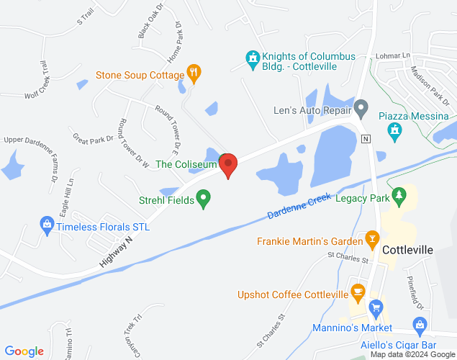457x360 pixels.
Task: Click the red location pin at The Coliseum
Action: coord(228,165)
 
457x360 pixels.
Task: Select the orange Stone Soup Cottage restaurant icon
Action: coord(193,72)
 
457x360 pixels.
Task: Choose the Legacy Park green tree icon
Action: coord(402,195)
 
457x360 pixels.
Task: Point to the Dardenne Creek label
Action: coord(299,207)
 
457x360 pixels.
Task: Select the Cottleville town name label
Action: coord(408,250)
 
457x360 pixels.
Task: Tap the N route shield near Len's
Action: coord(366,138)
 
